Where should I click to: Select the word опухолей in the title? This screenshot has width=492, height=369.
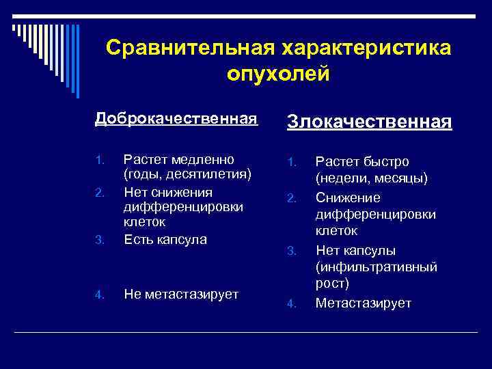coord(278,73)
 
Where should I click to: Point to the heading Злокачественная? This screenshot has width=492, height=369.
coord(369,122)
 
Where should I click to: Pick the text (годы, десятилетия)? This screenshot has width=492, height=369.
coord(187,175)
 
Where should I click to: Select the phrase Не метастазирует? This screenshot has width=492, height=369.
coord(181,295)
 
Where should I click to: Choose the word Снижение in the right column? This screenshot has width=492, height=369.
coord(347,197)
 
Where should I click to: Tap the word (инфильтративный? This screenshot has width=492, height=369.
coord(376,267)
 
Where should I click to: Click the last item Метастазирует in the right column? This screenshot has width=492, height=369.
coord(363,303)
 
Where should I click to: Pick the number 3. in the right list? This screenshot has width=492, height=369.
coord(290,251)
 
